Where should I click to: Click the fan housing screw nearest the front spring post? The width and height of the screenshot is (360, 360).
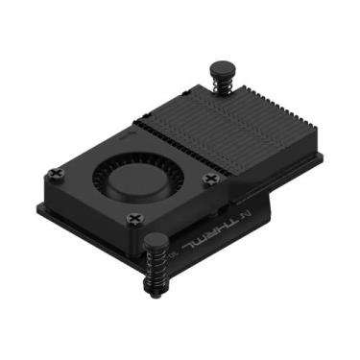[x=133, y=219]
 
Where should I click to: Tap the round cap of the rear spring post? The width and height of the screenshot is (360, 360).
[x=219, y=68]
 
